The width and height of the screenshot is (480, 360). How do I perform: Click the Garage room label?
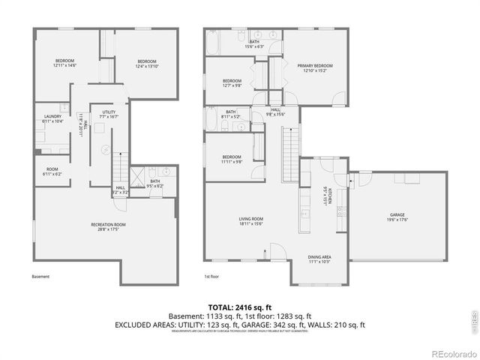396,217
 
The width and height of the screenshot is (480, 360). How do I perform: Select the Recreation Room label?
109,226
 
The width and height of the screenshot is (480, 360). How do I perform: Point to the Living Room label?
251,221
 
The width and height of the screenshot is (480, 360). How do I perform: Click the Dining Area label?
320,259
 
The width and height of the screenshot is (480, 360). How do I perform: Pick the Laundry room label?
52,118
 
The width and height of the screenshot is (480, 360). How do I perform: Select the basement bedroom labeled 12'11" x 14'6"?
65,63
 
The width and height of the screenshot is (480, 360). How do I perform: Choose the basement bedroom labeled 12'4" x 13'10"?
147,63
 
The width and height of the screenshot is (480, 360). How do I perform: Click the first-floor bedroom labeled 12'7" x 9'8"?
232,82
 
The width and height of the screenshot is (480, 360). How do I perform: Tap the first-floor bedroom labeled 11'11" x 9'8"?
232,160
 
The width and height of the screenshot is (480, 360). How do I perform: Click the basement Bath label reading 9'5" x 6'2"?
155,183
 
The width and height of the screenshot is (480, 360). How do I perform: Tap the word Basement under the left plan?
41,277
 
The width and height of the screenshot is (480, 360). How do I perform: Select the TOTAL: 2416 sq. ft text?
239,307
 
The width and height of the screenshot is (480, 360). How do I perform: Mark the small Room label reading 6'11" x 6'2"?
52,172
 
